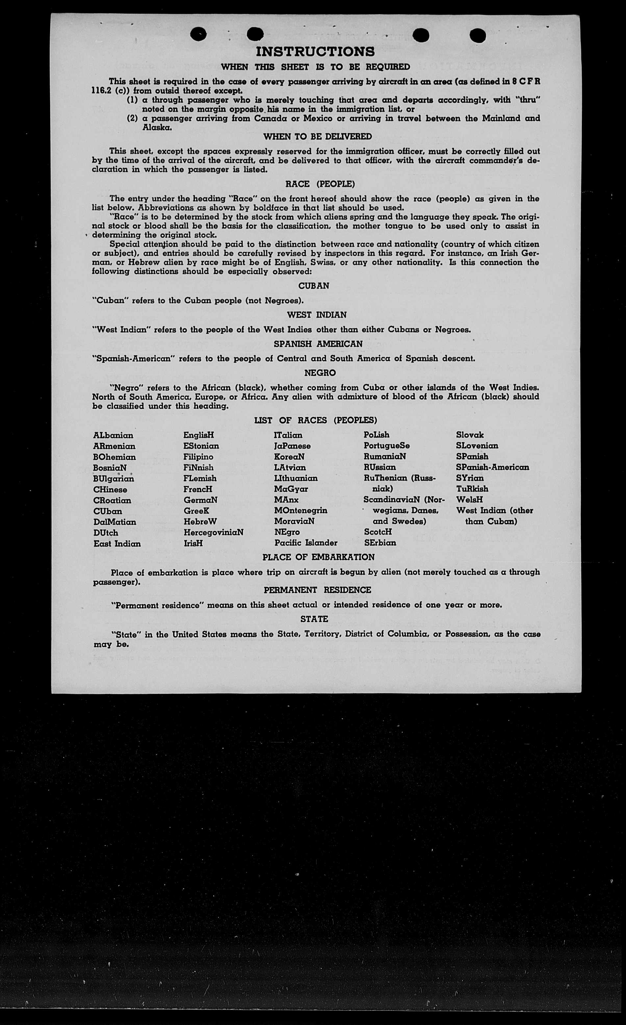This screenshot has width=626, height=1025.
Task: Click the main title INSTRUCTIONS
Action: (x=315, y=52)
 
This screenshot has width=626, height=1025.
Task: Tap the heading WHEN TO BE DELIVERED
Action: (x=317, y=137)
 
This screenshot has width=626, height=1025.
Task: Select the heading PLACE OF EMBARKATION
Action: (x=318, y=557)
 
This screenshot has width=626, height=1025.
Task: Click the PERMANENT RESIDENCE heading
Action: (x=317, y=590)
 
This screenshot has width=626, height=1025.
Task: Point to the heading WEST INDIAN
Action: (x=316, y=315)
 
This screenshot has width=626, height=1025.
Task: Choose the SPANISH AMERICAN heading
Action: (x=318, y=344)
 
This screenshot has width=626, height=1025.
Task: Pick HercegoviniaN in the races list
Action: (x=213, y=532)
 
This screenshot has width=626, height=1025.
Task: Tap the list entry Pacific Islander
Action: (x=306, y=543)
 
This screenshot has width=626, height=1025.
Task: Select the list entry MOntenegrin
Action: (x=300, y=510)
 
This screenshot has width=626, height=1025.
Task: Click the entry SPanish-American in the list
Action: (x=492, y=467)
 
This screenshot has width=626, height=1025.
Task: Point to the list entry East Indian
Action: (x=117, y=544)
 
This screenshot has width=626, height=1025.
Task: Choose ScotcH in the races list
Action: (x=377, y=532)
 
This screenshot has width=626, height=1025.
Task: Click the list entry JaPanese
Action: (x=292, y=446)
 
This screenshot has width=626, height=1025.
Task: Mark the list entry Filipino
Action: (x=198, y=457)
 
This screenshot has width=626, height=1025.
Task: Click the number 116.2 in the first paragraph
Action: (x=101, y=91)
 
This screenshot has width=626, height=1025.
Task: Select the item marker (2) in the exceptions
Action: (x=132, y=118)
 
